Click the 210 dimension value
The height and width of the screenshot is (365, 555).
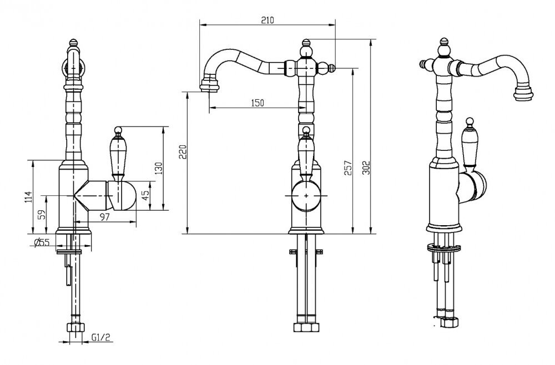pos(268,20)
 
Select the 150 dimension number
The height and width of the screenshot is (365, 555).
pos(258,103)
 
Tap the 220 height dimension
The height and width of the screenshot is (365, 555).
pos(182,152)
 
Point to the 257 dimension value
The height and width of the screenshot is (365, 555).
pos(349,168)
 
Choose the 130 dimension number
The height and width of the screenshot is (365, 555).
pos(159,168)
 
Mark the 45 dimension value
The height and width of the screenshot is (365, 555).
pos(145,195)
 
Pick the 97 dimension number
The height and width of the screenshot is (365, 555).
pos(104,217)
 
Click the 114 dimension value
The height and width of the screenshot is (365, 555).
pos(28,197)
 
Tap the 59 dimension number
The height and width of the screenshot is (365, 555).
pos(42,215)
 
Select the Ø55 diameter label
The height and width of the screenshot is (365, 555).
pos(42,242)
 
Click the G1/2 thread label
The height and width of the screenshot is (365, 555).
pos(101,337)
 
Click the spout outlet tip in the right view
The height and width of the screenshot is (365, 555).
pos(523,92)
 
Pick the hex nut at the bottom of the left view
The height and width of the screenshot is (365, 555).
pos(75,327)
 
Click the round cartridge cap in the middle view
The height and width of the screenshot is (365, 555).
pos(306,195)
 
